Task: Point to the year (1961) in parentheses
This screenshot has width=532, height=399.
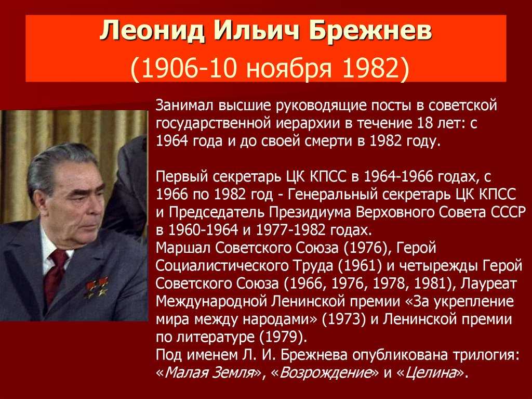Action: coord(360,266)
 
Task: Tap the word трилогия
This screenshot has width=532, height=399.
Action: coord(486,355)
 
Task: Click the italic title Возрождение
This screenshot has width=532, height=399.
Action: coord(325,373)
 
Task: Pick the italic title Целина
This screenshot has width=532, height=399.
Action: coord(431,373)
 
